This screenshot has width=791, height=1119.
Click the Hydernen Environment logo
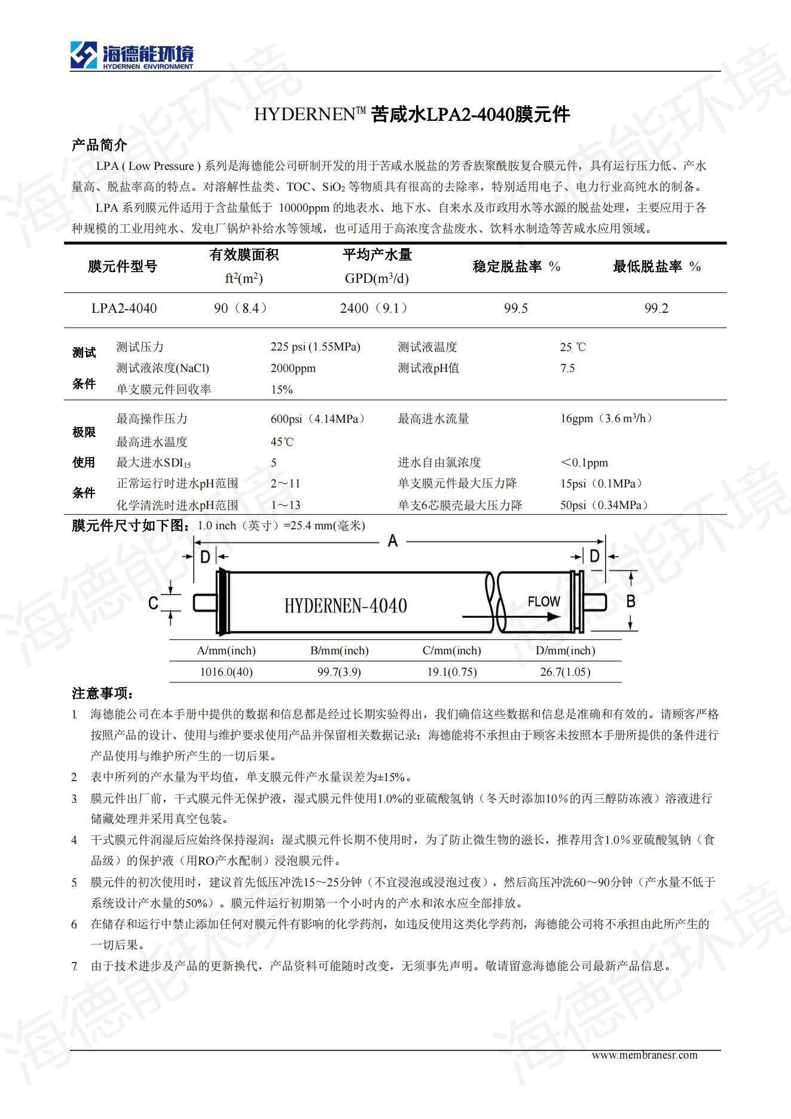click(x=132, y=56)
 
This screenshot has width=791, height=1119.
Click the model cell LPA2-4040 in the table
click(x=124, y=309)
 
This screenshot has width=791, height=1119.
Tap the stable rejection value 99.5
click(x=515, y=309)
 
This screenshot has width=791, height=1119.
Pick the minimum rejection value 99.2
click(x=656, y=309)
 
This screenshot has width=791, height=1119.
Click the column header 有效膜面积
click(x=244, y=255)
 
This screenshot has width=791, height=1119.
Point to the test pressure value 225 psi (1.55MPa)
click(x=315, y=347)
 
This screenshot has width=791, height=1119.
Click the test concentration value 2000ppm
click(x=293, y=368)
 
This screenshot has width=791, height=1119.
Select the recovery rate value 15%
click(x=282, y=390)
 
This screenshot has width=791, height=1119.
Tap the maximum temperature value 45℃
click(x=282, y=442)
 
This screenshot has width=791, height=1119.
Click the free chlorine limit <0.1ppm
click(x=584, y=463)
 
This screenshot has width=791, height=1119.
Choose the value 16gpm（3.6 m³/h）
click(x=606, y=419)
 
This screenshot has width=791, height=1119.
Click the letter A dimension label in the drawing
click(x=392, y=541)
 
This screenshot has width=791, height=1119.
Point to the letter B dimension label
click(x=630, y=602)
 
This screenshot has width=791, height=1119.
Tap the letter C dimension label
click(x=153, y=603)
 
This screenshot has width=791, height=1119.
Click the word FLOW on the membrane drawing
click(x=543, y=602)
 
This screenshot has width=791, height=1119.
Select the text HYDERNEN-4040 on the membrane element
click(x=346, y=606)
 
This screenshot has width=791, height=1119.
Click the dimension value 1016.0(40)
click(x=226, y=672)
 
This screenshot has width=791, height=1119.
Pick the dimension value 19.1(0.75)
click(x=451, y=672)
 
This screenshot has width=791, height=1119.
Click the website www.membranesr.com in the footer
click(x=645, y=1055)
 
